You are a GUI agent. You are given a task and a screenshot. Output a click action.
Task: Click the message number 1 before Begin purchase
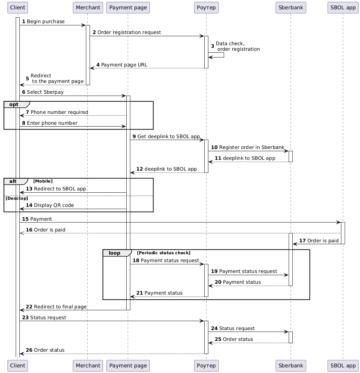click(x=24, y=22)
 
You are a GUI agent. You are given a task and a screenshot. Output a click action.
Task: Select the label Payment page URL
click(x=124, y=65)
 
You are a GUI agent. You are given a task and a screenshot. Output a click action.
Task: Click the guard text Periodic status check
click(x=164, y=253)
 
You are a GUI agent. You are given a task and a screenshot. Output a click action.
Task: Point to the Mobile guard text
click(x=43, y=181)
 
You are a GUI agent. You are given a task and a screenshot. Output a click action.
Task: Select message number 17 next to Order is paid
click(x=302, y=240)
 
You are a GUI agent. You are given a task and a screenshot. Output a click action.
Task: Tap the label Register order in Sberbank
click(x=252, y=147)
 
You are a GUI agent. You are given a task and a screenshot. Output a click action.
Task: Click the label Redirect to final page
click(x=60, y=307)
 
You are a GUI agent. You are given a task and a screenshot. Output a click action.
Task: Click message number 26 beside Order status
click(x=29, y=350)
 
